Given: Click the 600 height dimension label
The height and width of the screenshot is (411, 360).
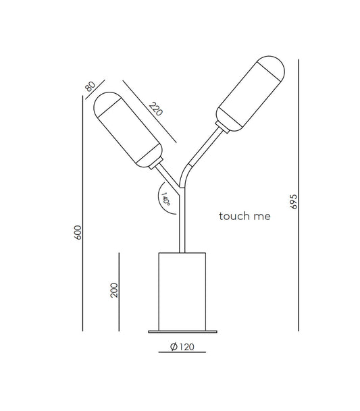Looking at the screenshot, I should pos(78,234).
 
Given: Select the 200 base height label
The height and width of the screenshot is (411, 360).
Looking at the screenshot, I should pos(114,290).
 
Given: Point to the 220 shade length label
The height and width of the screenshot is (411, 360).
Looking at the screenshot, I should pos(155,108).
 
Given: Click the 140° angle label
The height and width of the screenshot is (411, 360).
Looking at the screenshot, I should pos(165,198).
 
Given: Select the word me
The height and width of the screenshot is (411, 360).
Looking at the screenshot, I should pos(261,217).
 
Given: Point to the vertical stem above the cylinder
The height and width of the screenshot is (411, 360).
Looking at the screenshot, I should pos(180,223).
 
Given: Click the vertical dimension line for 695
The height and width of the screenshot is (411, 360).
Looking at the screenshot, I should pos(298,196).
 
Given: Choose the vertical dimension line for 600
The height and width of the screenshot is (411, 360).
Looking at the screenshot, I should pos(82,216).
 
